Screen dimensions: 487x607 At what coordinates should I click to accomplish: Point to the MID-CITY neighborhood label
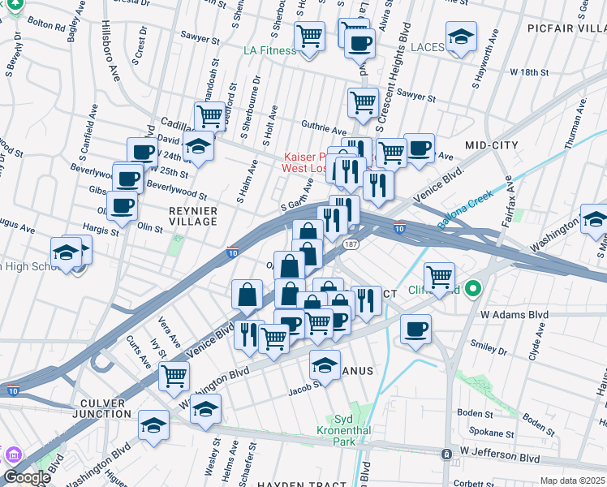coord(491,145)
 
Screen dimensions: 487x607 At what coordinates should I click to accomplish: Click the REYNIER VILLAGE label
coord(192,216)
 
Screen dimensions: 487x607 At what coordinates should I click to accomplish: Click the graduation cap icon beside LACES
coord(461,37)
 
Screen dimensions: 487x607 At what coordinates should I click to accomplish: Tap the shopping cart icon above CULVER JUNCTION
coord(174,377)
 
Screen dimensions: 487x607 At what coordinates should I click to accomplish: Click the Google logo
coord(26,477)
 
